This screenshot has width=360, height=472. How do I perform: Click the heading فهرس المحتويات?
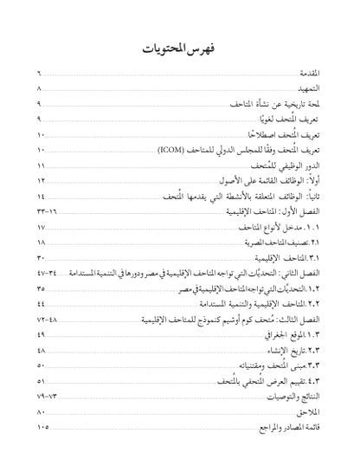(180, 49)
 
